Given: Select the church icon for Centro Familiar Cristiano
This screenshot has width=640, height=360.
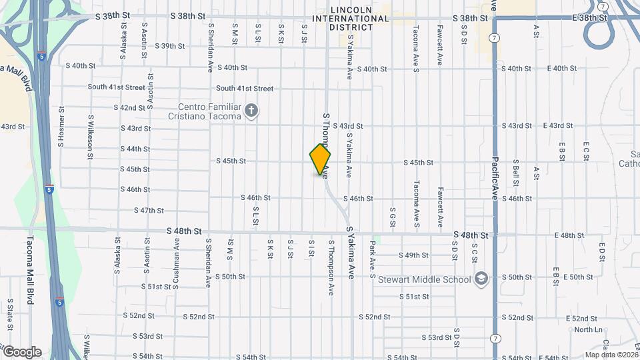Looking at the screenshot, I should [x=251, y=111].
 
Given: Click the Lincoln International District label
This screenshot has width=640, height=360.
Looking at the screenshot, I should [x=359, y=18].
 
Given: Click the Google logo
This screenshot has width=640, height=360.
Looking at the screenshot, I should [x=21, y=351].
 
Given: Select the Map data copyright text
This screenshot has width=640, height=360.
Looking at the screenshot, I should [x=611, y=355].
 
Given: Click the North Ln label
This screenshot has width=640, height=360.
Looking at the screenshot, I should [x=588, y=330].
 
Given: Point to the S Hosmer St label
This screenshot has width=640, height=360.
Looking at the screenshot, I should [x=61, y=127].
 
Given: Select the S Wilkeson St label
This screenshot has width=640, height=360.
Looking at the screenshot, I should [x=91, y=137].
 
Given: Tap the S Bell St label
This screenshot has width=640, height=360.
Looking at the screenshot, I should [x=515, y=171].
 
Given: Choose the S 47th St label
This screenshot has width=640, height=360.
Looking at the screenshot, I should [x=149, y=211].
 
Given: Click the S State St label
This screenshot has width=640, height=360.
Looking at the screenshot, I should [x=11, y=313].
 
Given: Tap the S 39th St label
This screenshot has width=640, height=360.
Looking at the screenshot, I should [x=169, y=46].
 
